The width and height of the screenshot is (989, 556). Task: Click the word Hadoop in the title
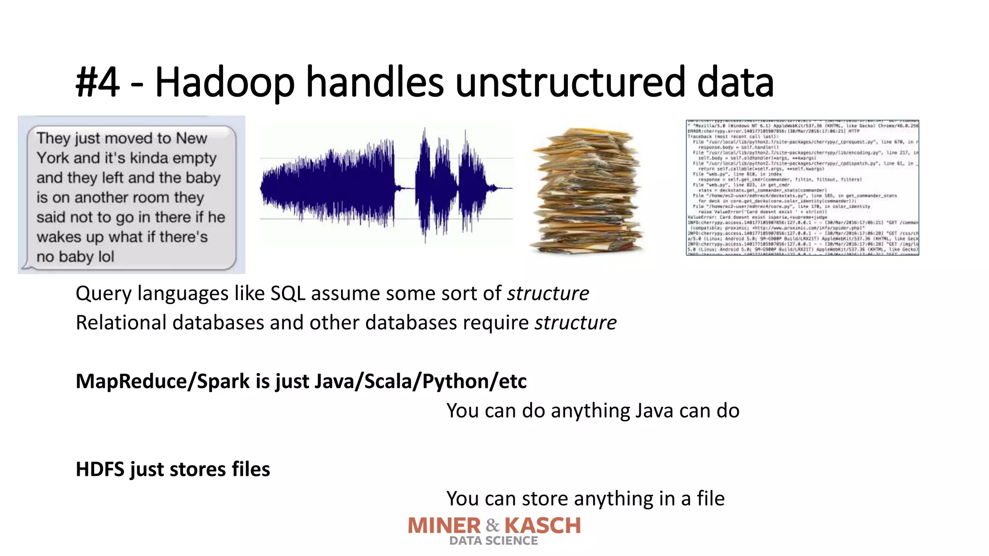225,82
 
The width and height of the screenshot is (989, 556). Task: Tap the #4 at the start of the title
98,82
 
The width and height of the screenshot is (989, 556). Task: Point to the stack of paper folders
587,191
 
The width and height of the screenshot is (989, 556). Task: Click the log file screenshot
802,187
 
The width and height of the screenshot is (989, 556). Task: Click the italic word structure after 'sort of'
548,293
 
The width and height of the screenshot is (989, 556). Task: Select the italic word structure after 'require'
575,322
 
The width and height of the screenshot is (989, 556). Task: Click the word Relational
121,322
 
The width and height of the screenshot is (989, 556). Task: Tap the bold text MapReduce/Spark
163,381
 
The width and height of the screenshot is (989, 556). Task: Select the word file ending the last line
710,499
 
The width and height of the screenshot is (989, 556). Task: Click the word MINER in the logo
444,526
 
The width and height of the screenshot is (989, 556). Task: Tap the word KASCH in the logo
543,526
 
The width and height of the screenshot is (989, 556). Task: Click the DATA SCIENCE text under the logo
494,541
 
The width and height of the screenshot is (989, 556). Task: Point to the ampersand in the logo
493,525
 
